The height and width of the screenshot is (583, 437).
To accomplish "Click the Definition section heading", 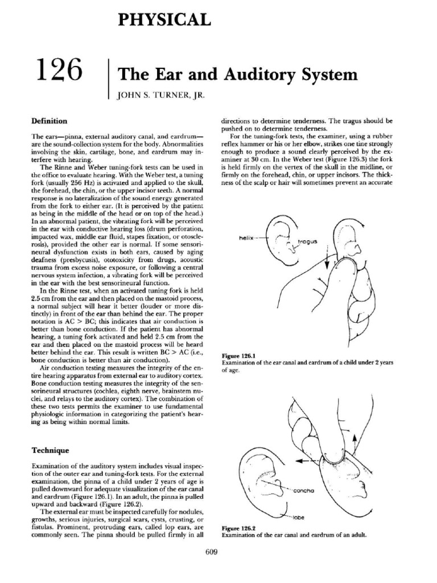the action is coord(49,121).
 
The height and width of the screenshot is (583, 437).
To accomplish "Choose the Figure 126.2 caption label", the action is coord(236,529).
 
